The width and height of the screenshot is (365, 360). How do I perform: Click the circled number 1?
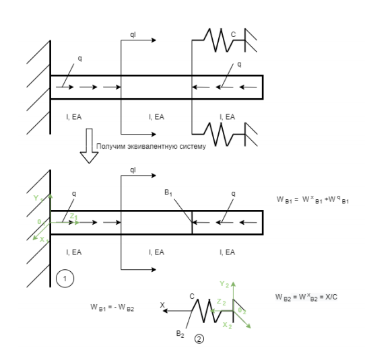click(65, 279)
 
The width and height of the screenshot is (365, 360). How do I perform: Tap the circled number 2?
click(199, 339)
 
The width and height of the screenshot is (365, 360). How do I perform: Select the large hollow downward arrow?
click(89, 146)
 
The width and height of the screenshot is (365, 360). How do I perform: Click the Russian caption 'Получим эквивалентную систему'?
click(151, 146)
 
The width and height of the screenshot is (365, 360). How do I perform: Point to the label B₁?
click(168, 193)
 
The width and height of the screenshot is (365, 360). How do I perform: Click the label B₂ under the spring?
click(180, 334)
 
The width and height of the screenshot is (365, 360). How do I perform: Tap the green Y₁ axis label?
click(38, 199)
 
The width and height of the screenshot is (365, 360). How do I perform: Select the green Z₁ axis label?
click(74, 217)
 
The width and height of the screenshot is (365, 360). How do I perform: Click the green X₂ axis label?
click(227, 326)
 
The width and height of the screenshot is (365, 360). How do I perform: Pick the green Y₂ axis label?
click(224, 284)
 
